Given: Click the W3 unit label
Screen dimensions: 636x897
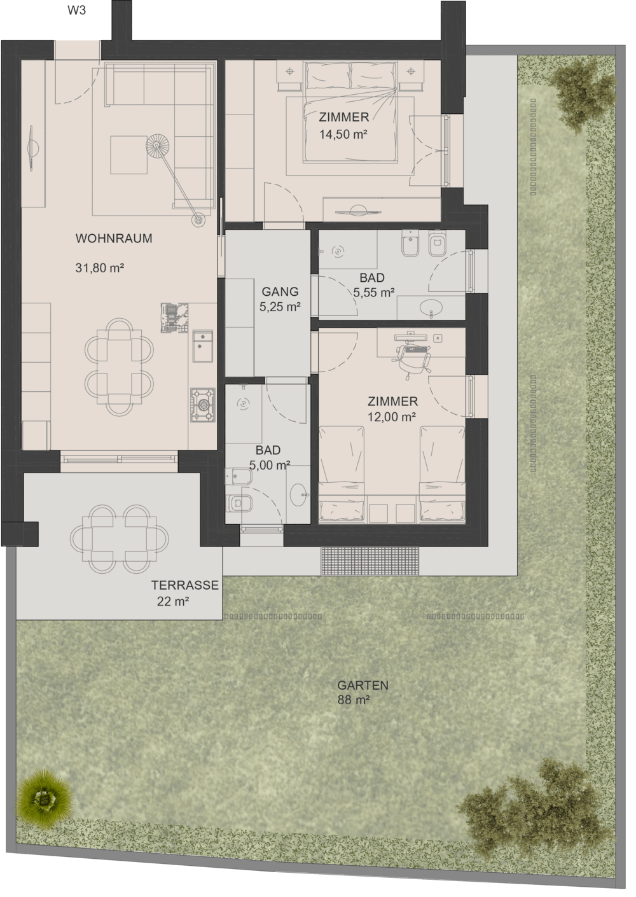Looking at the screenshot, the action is pyautogui.click(x=76, y=10).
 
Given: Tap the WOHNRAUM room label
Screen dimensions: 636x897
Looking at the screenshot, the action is pyautogui.click(x=114, y=239).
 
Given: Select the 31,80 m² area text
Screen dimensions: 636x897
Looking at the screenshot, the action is pyautogui.click(x=100, y=267).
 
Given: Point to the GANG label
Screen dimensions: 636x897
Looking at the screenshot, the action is pyautogui.click(x=280, y=291).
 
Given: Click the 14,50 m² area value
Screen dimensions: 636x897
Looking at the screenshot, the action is pyautogui.click(x=343, y=134).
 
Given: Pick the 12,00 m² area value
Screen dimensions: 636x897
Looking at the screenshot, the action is pyautogui.click(x=392, y=417).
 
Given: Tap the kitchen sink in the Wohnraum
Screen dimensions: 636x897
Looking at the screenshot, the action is pyautogui.click(x=202, y=346).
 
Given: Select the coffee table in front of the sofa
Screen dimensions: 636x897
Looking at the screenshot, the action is pyautogui.click(x=129, y=155).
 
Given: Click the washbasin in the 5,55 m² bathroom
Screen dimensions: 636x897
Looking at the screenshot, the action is pyautogui.click(x=431, y=307).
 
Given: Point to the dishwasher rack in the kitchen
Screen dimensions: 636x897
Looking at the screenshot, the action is pyautogui.click(x=174, y=318).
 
